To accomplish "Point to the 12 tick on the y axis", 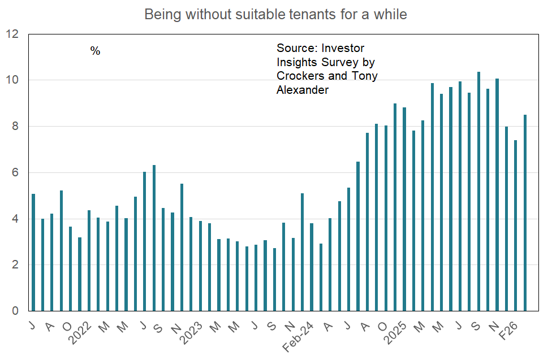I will coord(12,34).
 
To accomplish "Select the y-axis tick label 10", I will coord(12,80).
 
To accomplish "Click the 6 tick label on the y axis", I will coord(15,172).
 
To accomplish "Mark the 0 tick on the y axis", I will coord(15,311).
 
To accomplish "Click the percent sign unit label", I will coord(95,51).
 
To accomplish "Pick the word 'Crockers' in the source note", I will coord(300,76).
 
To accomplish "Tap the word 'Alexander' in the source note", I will coord(302,90).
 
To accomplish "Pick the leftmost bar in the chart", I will coord(33,252).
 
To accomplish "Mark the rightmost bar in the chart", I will coord(525,212).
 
